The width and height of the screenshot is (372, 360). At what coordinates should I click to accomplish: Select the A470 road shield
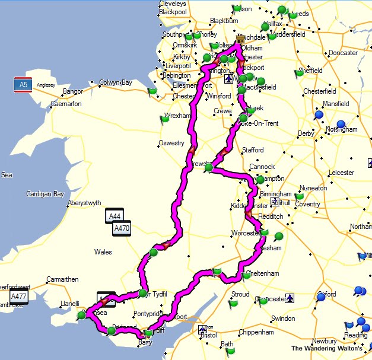click(121, 228)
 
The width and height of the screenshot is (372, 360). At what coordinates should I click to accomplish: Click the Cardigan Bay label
click(44, 194)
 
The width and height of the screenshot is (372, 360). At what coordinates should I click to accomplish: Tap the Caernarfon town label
click(69, 103)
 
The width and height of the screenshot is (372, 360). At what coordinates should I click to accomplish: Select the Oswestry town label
click(170, 143)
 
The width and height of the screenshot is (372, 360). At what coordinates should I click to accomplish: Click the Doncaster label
click(343, 53)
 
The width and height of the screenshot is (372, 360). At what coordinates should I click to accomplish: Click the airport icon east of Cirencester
click(289, 298)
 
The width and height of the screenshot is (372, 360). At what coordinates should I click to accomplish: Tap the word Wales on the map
click(103, 252)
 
